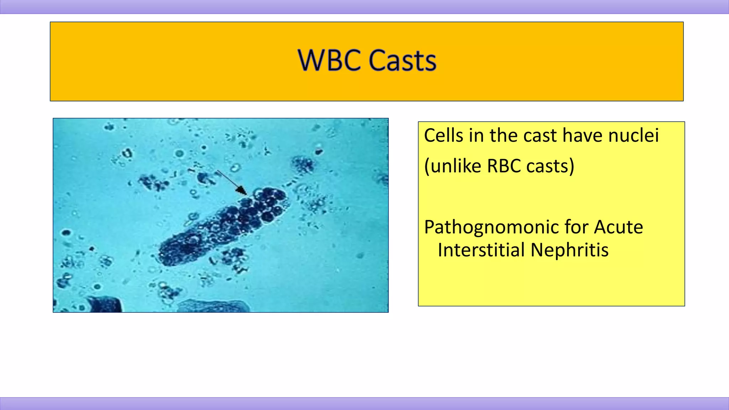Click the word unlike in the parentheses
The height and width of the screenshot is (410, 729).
[456, 166]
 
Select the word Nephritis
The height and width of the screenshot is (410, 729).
[570, 250]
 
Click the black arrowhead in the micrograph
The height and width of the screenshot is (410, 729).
[242, 191]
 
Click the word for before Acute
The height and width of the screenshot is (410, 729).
[577, 227]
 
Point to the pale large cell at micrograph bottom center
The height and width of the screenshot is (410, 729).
[214, 306]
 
